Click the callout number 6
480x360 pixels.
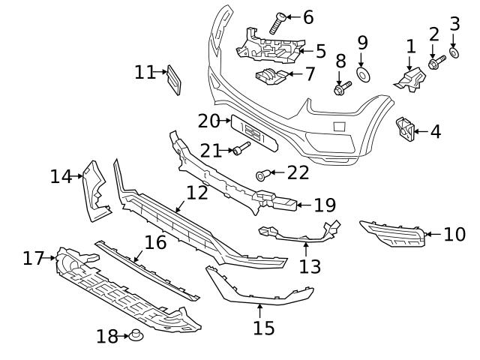click(308, 17)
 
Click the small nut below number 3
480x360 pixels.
click(454, 55)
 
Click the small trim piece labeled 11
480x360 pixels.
click(172, 80)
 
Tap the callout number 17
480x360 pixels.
click(34, 258)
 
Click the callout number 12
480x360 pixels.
click(196, 193)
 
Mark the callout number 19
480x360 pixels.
click(324, 205)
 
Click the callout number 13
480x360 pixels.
click(310, 265)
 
